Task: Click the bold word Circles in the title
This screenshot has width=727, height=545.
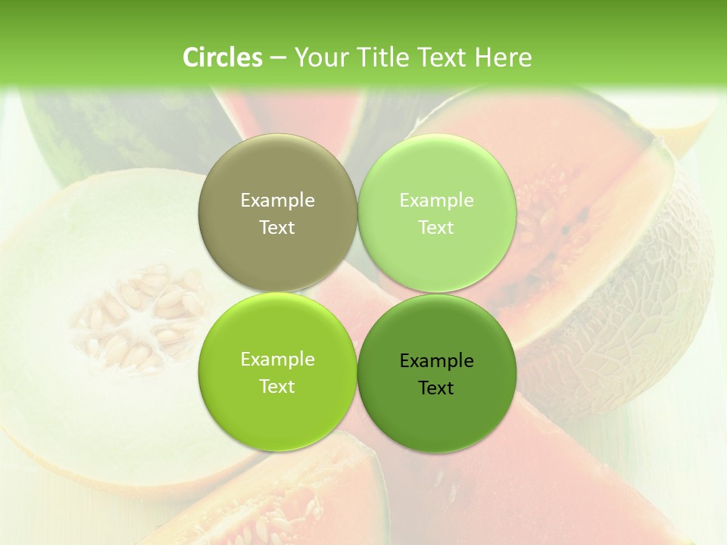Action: tap(223, 58)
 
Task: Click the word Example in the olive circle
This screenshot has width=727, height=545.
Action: tap(277, 201)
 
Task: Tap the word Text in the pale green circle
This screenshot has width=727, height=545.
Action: tap(436, 228)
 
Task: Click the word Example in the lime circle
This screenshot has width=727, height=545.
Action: tap(277, 360)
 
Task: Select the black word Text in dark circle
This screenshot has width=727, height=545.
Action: tap(436, 388)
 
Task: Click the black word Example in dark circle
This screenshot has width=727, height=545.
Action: tap(436, 361)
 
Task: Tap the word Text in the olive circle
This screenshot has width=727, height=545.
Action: tap(277, 228)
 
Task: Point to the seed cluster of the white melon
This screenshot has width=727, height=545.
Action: tap(140, 314)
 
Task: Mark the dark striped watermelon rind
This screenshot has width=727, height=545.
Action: tap(114, 132)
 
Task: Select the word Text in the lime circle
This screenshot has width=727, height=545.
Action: tap(277, 387)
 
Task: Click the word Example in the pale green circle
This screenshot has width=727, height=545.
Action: tap(436, 201)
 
